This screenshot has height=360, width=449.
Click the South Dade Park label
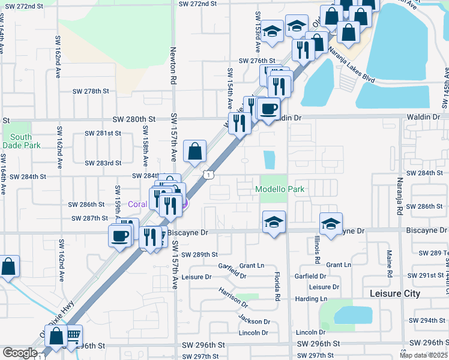[x=21, y=141]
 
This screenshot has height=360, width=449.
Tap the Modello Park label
[x=280, y=189]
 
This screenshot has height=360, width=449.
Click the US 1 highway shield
[x=206, y=174]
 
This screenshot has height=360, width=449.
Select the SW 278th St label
[x=91, y=91]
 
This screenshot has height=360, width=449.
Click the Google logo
[x=20, y=353]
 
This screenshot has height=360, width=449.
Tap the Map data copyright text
[x=423, y=355]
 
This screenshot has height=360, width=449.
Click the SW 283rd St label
[x=103, y=163]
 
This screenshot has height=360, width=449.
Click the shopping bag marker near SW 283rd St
[x=194, y=152]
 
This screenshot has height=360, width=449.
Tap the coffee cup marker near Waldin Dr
[x=268, y=109]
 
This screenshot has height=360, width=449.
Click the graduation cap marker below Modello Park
[x=273, y=223]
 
